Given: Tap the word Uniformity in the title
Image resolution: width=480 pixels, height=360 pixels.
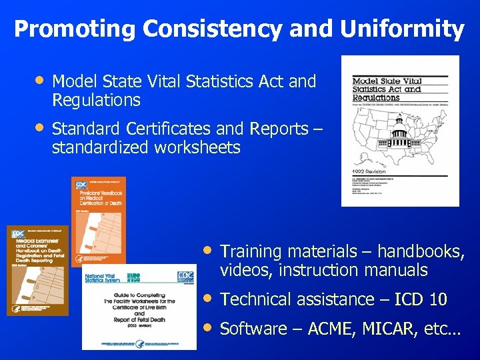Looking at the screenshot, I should click(x=402, y=29).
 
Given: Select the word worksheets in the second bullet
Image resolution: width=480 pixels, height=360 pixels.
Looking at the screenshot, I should click(x=197, y=147).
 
